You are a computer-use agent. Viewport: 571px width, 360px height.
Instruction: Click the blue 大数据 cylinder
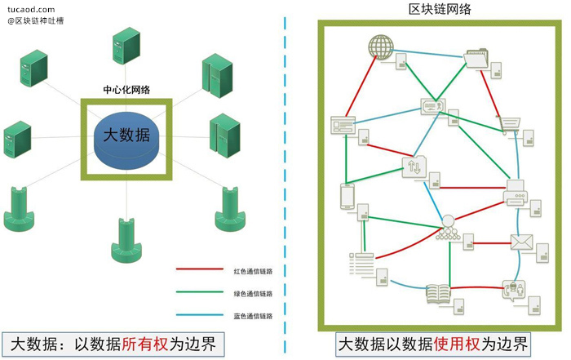[x=126, y=140]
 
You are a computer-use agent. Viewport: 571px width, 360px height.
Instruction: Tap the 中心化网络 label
[x=126, y=90]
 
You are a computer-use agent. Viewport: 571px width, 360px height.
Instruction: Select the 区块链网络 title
[x=440, y=9]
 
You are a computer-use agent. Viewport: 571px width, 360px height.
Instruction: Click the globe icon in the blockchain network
[x=381, y=47]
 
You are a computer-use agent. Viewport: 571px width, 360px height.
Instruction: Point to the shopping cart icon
[x=509, y=125]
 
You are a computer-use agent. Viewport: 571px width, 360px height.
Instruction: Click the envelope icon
[x=521, y=242]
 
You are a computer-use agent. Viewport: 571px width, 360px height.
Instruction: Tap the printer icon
[x=516, y=193]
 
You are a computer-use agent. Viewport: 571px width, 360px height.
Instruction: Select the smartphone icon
[x=347, y=196]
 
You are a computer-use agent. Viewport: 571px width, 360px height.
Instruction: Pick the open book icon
[x=439, y=293]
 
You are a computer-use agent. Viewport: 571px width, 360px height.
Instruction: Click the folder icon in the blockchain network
[x=476, y=58]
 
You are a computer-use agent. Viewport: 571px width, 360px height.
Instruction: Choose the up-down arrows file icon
[x=414, y=167]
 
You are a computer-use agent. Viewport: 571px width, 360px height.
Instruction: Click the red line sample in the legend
[x=200, y=269]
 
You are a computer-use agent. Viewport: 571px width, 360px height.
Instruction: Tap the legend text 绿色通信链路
[x=253, y=294]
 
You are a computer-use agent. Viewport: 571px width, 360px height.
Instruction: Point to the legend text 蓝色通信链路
[x=253, y=316]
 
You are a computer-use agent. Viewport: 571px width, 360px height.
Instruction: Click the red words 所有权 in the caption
[x=145, y=344]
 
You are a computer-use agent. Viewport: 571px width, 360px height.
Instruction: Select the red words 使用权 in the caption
[x=457, y=344]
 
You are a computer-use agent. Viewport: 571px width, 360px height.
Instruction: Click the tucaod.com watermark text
[x=31, y=10]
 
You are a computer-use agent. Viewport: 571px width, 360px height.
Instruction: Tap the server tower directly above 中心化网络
[x=126, y=46]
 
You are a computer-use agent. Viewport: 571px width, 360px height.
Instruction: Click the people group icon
[x=448, y=228]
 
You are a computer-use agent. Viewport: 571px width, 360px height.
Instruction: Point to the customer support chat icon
[x=513, y=290]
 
